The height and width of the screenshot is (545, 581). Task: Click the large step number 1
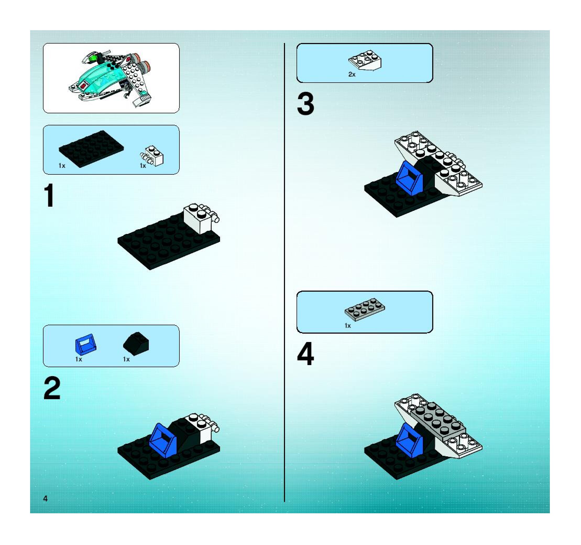coord(49,195)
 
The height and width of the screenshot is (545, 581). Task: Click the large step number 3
coord(305,104)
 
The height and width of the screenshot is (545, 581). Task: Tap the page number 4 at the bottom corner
coord(45,499)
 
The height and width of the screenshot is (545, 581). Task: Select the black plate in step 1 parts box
coord(91,149)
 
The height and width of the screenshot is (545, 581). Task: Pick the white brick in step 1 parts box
coord(152,156)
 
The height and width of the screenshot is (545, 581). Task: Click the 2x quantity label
coord(352,74)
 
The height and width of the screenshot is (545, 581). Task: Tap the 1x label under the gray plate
coord(348,325)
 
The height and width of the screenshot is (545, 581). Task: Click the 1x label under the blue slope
coord(79,359)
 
